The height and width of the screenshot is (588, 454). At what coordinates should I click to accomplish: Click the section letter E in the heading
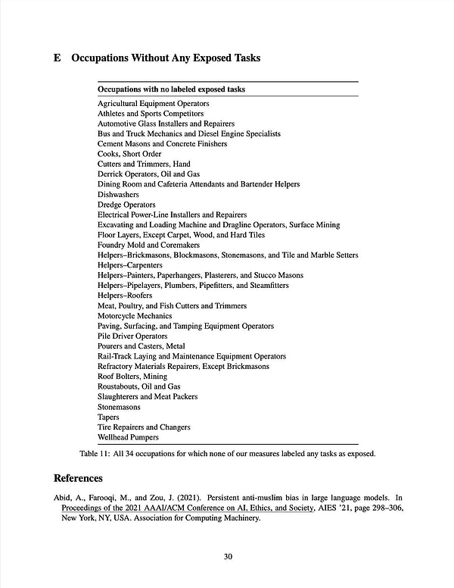[x=58, y=58]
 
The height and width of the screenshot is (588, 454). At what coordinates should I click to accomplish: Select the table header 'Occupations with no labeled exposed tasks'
[x=171, y=89]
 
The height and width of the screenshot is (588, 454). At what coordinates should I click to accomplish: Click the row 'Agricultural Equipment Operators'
[x=154, y=103]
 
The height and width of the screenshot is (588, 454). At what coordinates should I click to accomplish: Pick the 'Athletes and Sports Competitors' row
[x=150, y=114]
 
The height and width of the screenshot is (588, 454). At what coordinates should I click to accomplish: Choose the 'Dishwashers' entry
[x=118, y=195]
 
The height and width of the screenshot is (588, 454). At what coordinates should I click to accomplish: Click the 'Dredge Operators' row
[x=126, y=205]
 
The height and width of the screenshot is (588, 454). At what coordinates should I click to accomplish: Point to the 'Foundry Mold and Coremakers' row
[x=148, y=246]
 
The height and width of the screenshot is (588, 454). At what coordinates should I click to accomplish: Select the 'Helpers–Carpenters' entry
[x=129, y=265]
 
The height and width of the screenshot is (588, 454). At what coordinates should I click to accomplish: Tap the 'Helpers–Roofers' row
[x=125, y=296]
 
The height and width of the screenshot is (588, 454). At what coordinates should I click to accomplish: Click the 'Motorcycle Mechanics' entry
[x=135, y=316]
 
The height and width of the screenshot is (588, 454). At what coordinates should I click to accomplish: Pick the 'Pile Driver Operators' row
[x=132, y=336]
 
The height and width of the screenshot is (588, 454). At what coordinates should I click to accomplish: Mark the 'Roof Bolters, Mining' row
[x=132, y=377]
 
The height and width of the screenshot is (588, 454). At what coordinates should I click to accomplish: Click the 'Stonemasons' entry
[x=119, y=407]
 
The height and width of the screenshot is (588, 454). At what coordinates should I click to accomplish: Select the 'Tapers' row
[x=108, y=417]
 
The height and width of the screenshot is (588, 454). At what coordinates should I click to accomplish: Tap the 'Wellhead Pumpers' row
[x=128, y=437]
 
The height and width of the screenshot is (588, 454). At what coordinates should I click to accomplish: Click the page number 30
[x=228, y=557]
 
